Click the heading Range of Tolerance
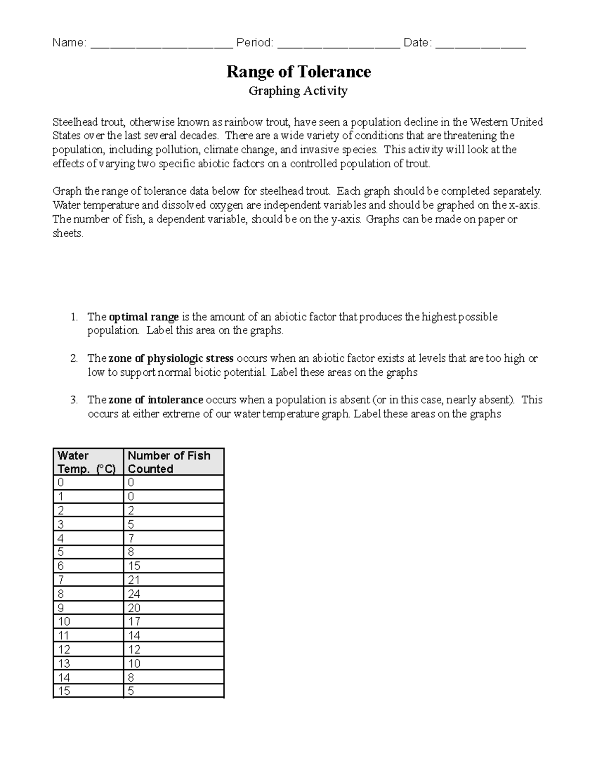(x=298, y=72)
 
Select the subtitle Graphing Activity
(x=298, y=91)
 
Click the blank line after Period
(x=338, y=44)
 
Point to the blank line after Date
(x=481, y=44)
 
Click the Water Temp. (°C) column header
(x=87, y=462)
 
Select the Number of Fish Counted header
(x=169, y=462)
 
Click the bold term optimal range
(x=144, y=317)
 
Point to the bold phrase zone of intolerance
(x=156, y=400)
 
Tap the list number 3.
(x=74, y=400)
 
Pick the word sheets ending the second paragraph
(x=68, y=233)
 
